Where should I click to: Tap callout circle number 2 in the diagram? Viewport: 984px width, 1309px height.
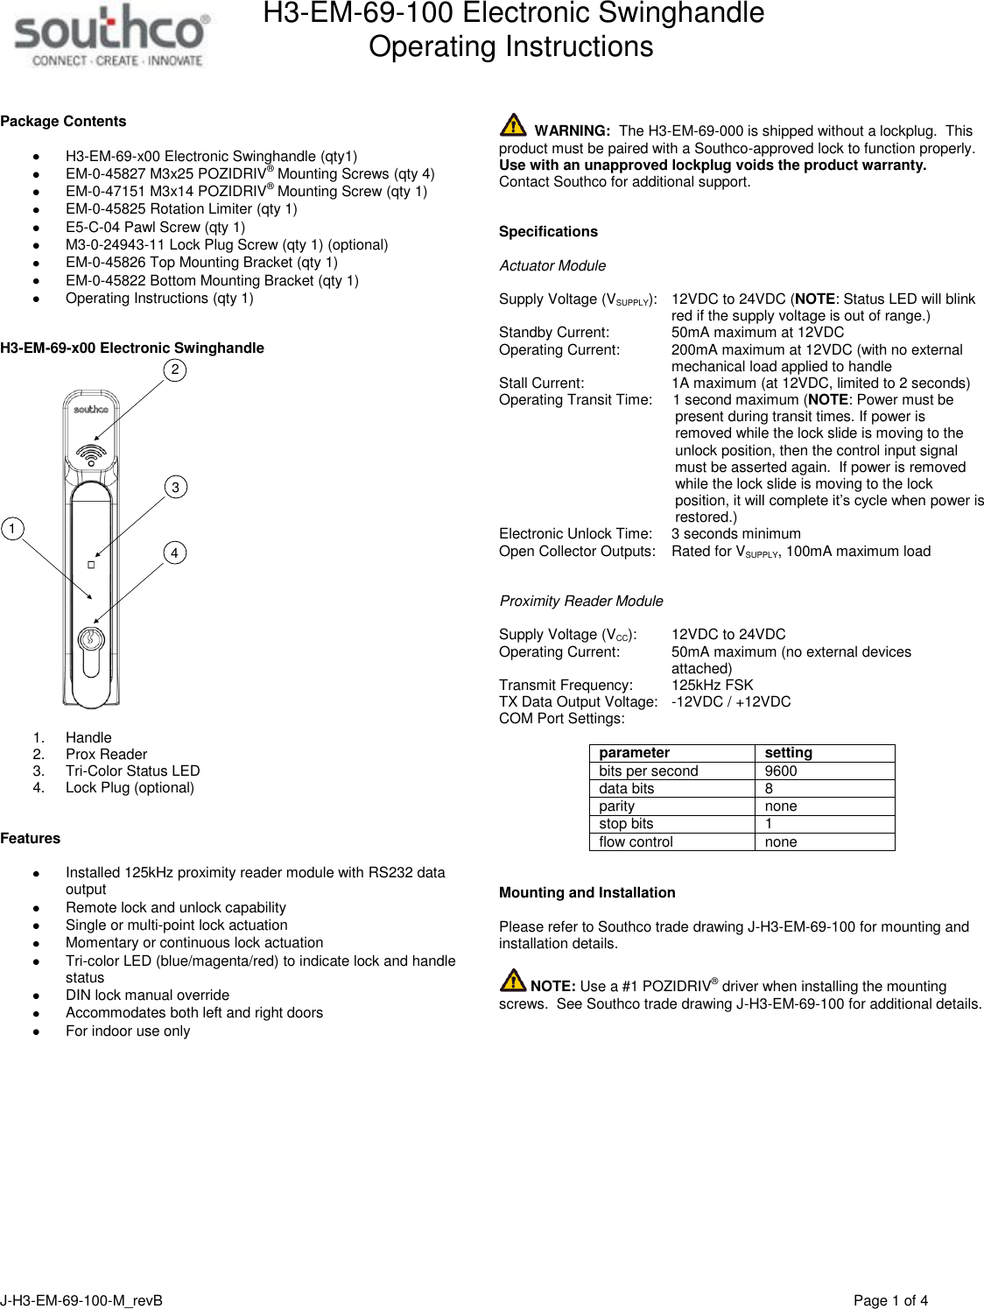pyautogui.click(x=175, y=369)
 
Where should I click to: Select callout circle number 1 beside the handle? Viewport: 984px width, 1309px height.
pyautogui.click(x=12, y=529)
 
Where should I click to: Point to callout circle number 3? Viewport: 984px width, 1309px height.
pyautogui.click(x=175, y=487)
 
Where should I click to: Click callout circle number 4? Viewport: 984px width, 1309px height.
pyautogui.click(x=175, y=552)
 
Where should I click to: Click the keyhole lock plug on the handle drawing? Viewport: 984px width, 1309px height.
pyautogui.click(x=91, y=638)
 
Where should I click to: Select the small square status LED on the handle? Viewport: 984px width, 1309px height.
pyautogui.click(x=91, y=565)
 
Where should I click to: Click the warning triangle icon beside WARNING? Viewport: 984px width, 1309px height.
pyautogui.click(x=513, y=125)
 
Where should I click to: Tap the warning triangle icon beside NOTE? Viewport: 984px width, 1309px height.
pyautogui.click(x=513, y=981)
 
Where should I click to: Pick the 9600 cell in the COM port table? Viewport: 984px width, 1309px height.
pyautogui.click(x=781, y=771)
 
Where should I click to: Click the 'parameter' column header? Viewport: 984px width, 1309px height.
pyautogui.click(x=634, y=753)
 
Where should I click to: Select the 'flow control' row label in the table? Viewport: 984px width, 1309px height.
pyautogui.click(x=636, y=842)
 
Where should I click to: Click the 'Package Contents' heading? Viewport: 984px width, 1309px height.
pyautogui.click(x=63, y=122)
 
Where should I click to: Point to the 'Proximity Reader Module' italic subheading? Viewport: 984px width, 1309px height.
pyautogui.click(x=581, y=601)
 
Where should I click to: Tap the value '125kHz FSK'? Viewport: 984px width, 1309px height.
pyautogui.click(x=712, y=685)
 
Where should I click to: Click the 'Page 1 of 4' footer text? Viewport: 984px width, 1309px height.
pyautogui.click(x=890, y=1300)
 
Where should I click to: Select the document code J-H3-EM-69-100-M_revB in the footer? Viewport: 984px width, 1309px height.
pyautogui.click(x=81, y=1300)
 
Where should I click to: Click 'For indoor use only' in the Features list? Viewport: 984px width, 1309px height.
pyautogui.click(x=128, y=1031)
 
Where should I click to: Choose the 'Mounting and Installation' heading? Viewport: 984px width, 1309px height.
pyautogui.click(x=587, y=892)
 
